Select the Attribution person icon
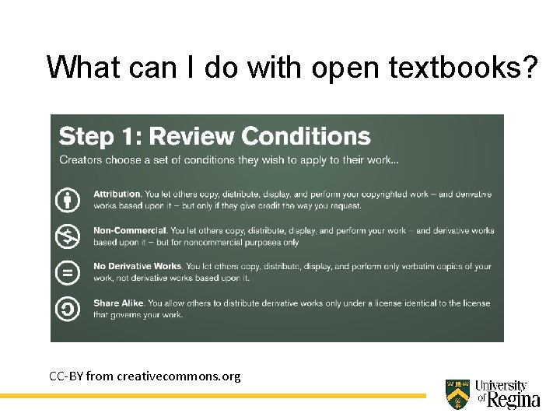coord(68,199)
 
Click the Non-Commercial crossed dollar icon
coord(68,236)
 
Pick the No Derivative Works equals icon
coord(68,272)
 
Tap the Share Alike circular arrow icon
coord(68,309)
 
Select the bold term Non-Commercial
coord(130,230)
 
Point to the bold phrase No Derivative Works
coord(138,267)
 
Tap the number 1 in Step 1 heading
coord(128,137)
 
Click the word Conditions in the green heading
coord(306,137)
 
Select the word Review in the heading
coord(191,137)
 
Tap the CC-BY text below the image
coord(66,376)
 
